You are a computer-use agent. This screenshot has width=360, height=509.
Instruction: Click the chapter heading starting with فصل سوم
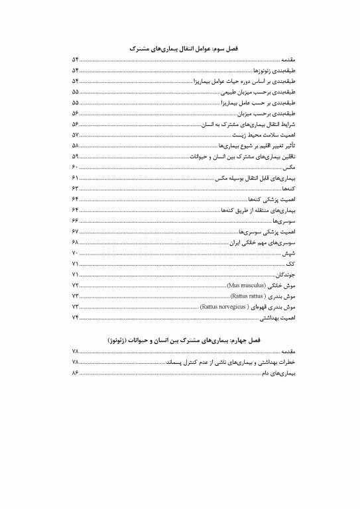click(180, 48)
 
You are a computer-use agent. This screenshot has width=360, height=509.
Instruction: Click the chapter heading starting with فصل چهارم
click(180, 339)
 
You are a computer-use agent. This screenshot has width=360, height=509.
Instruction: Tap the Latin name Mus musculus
click(245, 285)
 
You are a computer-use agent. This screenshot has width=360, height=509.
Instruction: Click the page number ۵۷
click(75, 135)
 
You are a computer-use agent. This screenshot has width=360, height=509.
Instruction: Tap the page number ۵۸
click(75, 146)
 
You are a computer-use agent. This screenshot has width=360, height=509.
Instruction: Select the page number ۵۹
click(75, 156)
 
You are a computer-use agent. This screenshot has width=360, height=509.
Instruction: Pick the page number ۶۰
click(75, 167)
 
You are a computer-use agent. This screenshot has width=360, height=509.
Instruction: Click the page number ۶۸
click(75, 243)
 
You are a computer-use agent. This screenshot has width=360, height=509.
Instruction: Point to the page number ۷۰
click(75, 253)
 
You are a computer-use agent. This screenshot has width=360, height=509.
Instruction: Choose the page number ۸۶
click(75, 374)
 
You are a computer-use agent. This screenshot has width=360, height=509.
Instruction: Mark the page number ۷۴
click(75, 318)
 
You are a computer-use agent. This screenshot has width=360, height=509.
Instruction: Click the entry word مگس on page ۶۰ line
click(288, 168)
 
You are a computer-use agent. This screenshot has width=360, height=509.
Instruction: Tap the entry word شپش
click(288, 253)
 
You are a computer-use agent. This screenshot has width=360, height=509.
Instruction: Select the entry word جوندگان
click(284, 274)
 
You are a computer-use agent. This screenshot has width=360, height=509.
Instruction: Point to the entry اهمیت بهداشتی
click(277, 318)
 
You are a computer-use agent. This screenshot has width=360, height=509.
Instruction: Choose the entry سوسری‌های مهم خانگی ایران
click(262, 243)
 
